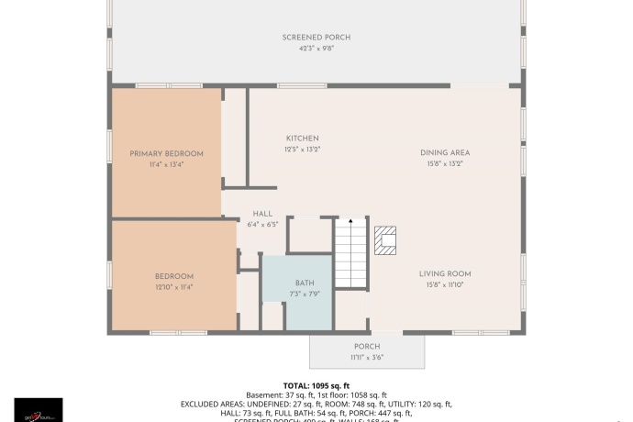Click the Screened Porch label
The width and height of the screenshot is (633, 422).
316,38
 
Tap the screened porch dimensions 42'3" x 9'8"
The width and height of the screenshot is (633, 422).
316,48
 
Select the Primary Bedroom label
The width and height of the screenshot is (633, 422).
166,153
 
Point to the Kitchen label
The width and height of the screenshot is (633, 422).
302,139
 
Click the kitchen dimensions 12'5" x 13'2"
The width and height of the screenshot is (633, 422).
302,149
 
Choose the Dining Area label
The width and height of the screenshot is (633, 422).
445,153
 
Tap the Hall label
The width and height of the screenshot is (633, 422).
262,214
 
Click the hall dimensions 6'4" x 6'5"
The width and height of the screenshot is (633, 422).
262,224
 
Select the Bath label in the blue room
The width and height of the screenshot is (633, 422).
305,283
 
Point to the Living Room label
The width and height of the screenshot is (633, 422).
445,274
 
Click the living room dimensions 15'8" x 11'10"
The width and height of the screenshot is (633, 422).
445,284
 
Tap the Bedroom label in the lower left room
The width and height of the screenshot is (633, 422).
173,276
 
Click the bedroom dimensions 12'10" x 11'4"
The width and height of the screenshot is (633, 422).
173,286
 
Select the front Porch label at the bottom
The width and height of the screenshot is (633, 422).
367,347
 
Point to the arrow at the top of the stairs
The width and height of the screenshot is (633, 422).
350,222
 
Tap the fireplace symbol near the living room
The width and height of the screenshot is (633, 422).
387,240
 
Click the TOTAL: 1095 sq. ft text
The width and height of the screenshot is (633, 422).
316,385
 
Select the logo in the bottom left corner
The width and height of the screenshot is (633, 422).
39,409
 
